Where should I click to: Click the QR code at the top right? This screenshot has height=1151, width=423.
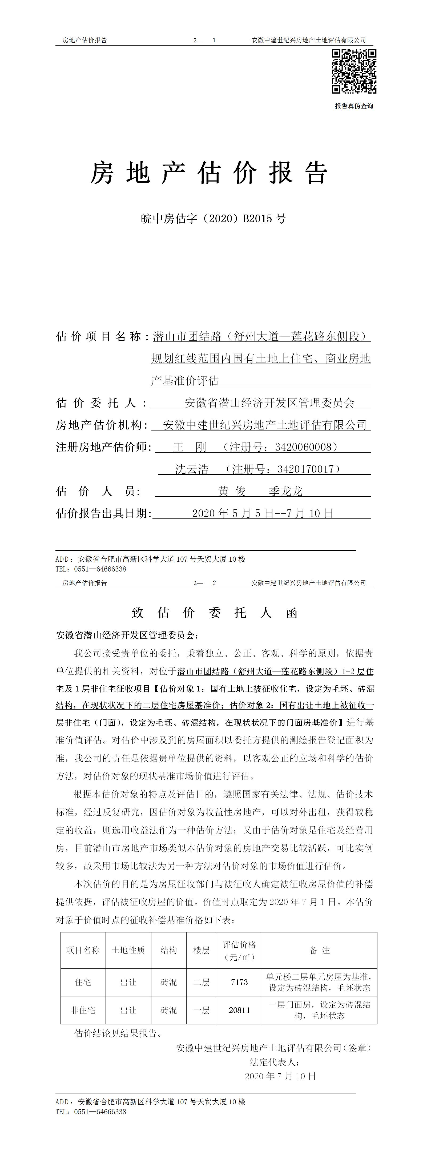pos(354,71)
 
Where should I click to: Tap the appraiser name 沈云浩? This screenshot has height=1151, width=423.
pos(192,469)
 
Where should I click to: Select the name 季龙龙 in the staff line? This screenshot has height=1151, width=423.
pos(286,492)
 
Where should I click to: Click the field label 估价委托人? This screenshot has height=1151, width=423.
pos(96,403)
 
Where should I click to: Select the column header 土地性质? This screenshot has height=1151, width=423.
pos(128,950)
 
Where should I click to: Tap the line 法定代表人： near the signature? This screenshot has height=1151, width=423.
pos(274,1062)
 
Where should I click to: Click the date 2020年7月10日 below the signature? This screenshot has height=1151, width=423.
pos(280,1076)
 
